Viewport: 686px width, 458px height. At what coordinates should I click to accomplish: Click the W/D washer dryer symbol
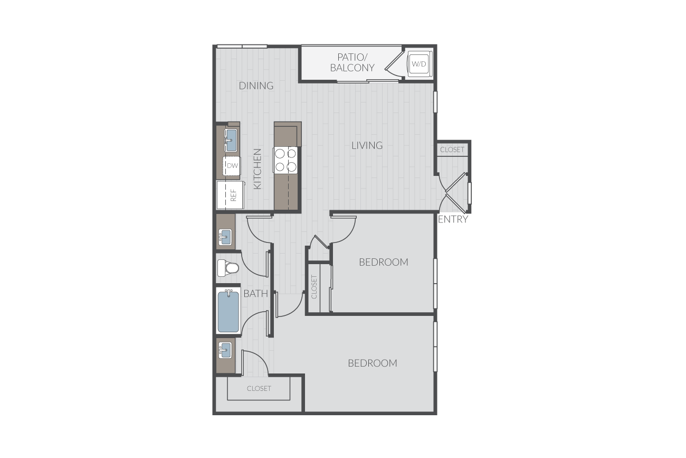418,64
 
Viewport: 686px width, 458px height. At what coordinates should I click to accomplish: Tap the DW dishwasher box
232,166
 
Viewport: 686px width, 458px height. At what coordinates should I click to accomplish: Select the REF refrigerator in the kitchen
231,195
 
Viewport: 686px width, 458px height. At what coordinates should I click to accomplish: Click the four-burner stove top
285,161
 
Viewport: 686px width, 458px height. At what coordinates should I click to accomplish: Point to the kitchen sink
231,140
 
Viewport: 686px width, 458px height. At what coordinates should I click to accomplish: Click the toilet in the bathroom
227,268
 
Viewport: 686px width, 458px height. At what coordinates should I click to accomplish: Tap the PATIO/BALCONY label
352,62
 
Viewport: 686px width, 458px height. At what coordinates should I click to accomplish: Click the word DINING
256,86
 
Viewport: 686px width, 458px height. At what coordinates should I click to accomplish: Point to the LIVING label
367,145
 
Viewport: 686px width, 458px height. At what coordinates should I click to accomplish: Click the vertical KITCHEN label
258,169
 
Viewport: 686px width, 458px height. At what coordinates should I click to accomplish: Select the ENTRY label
453,219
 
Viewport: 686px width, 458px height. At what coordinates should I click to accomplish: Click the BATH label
256,294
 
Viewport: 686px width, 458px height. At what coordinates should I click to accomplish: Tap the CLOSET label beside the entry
452,149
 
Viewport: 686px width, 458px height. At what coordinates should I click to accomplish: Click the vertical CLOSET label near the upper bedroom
314,287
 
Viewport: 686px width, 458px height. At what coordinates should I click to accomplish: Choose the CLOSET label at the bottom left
259,388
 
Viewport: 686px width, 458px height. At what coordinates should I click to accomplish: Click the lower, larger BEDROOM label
373,363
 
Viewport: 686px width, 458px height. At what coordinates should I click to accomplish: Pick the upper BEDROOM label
384,262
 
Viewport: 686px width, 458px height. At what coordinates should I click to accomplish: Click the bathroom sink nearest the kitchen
225,237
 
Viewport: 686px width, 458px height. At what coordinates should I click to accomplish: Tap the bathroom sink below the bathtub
225,350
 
